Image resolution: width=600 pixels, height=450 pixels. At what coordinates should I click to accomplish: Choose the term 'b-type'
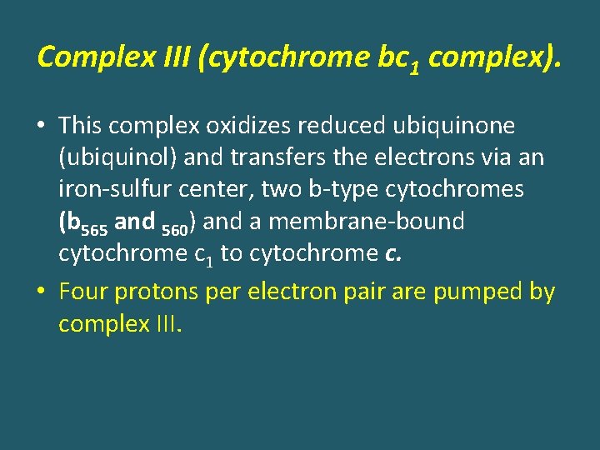[341, 190]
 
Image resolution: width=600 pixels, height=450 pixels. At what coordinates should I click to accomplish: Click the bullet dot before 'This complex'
[42, 127]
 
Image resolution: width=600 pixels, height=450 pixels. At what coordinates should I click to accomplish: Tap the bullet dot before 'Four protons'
[42, 293]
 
